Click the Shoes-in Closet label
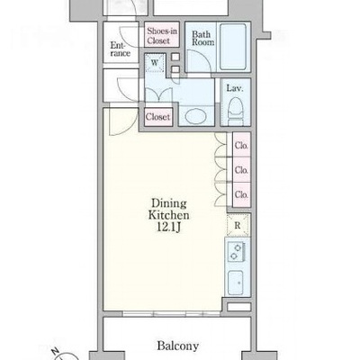pyautogui.click(x=162, y=36)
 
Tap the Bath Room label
pyautogui.click(x=202, y=39)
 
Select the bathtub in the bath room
pyautogui.click(x=233, y=47)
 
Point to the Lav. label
pyautogui.click(x=235, y=88)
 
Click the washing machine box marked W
pyautogui.click(x=155, y=63)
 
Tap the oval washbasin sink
pyautogui.click(x=195, y=116)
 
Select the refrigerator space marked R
pyautogui.click(x=238, y=225)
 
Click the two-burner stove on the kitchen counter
pyautogui.click(x=237, y=251)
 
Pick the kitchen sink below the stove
pyautogui.click(x=235, y=283)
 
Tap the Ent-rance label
pyautogui.click(x=121, y=49)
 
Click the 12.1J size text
pyautogui.click(x=169, y=228)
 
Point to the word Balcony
pyautogui.click(x=178, y=346)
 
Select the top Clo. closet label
pyautogui.click(x=241, y=146)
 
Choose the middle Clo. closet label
pyautogui.click(x=241, y=170)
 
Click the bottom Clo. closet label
pyautogui.click(x=241, y=194)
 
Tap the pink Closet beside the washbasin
pyautogui.click(x=158, y=117)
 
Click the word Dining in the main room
pyautogui.click(x=169, y=203)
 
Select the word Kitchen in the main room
pyautogui.click(x=169, y=215)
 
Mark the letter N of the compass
pyautogui.click(x=56, y=351)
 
